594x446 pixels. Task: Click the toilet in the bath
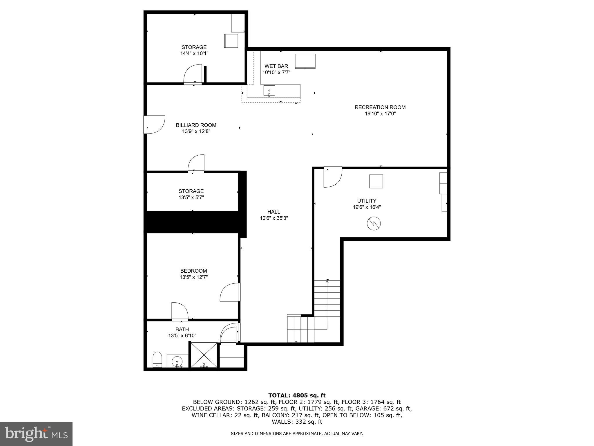pyautogui.click(x=157, y=359)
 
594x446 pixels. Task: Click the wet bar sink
pyautogui.click(x=269, y=91)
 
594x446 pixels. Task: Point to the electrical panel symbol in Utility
pyautogui.click(x=374, y=224)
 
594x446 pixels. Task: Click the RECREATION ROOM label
pyautogui.click(x=380, y=107)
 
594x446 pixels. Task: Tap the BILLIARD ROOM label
pyautogui.click(x=196, y=125)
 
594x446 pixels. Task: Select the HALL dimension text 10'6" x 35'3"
pyautogui.click(x=274, y=218)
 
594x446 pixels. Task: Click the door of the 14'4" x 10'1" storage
pyautogui.click(x=192, y=75)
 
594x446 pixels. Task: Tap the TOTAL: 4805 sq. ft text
pyautogui.click(x=297, y=395)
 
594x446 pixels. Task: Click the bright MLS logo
pyautogui.click(x=36, y=434)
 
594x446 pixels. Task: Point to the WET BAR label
pyautogui.click(x=276, y=66)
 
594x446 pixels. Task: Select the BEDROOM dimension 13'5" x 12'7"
pyautogui.click(x=193, y=277)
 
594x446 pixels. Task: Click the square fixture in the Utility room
pyautogui.click(x=376, y=181)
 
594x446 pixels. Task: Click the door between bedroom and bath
pyautogui.click(x=180, y=311)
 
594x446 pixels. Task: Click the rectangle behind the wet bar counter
pyautogui.click(x=305, y=61)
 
